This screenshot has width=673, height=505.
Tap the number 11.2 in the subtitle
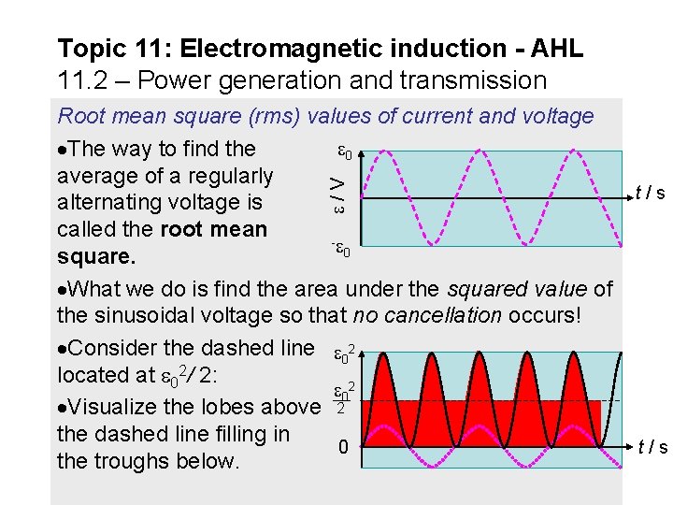point(81,80)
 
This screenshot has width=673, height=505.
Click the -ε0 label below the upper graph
point(342,250)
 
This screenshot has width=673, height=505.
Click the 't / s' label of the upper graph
point(650,195)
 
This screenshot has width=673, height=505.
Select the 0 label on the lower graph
point(343,448)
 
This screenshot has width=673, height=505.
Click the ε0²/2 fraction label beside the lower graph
point(342,399)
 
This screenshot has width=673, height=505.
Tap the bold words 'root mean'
point(214,229)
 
